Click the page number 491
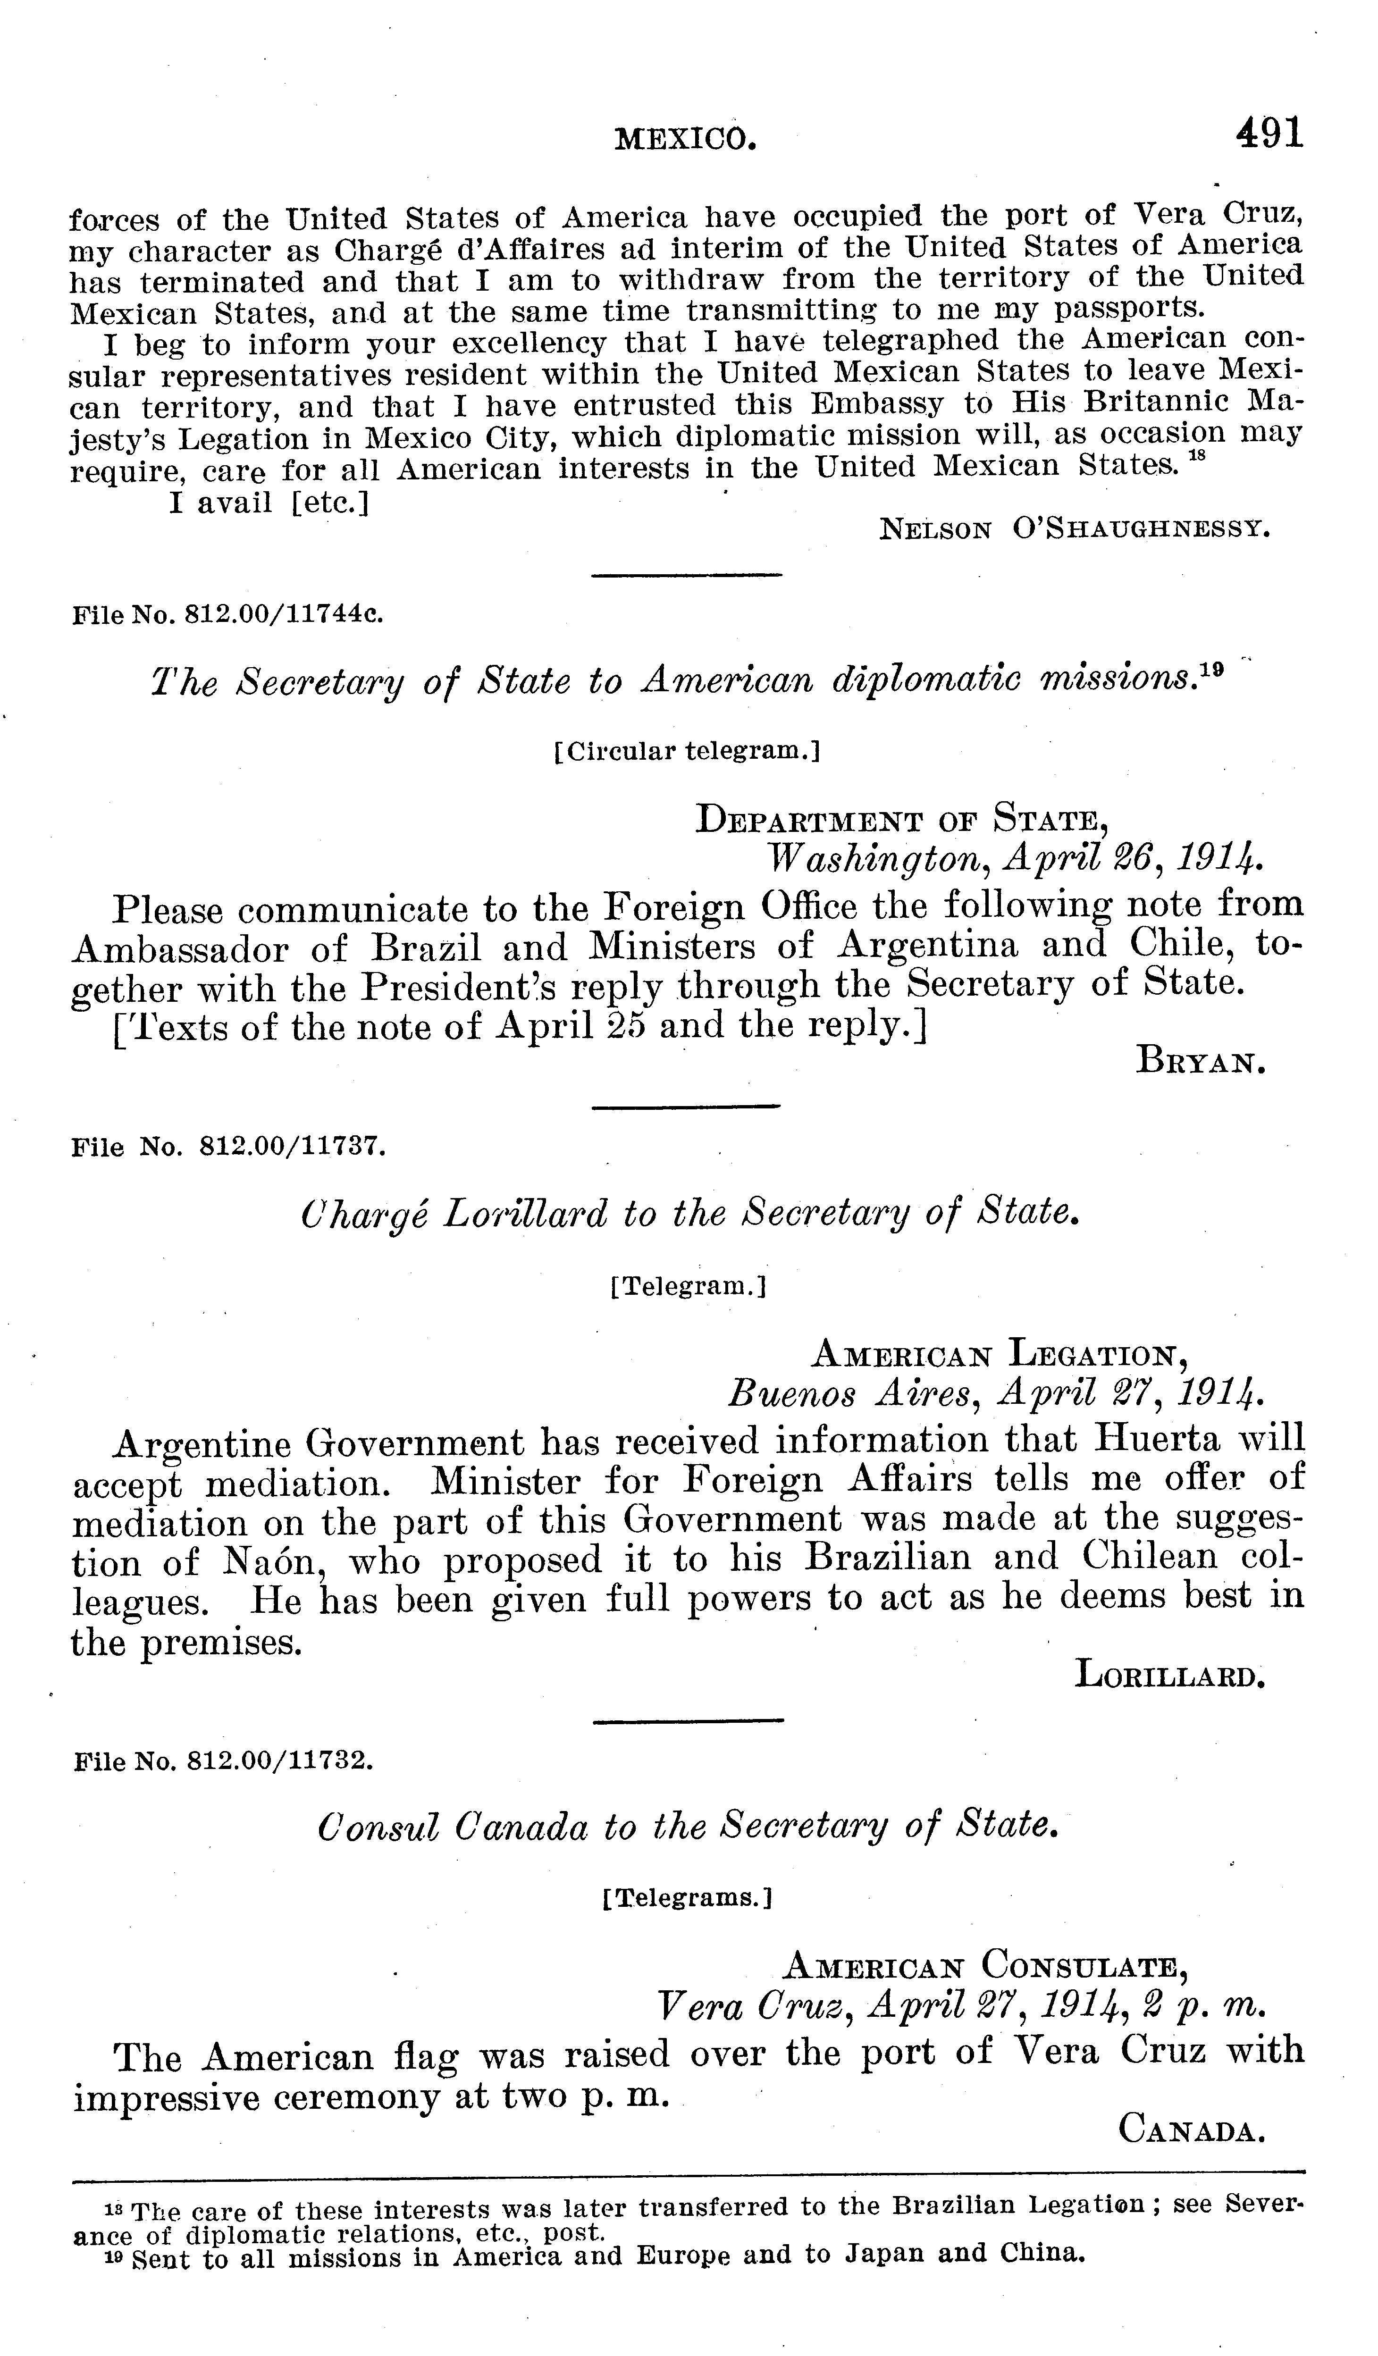coord(1269,134)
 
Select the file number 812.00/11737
coord(293,1147)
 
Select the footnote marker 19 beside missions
coord(1212,671)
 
